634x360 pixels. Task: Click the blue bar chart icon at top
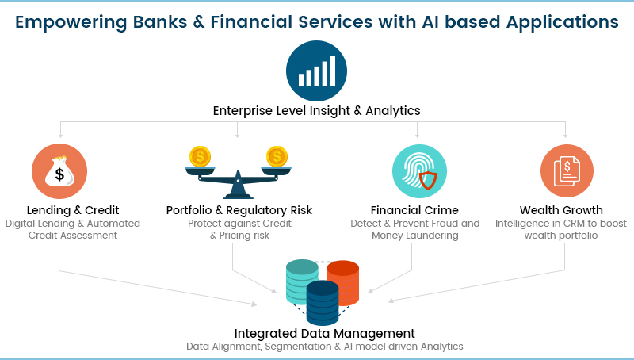pos(316,71)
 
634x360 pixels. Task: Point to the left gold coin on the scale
pos(199,156)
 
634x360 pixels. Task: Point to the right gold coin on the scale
pos(276,156)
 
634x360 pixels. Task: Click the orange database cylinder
pos(343,282)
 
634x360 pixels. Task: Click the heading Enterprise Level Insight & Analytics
pos(316,110)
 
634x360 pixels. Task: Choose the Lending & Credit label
pos(73,210)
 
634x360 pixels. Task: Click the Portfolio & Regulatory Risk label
pos(239,210)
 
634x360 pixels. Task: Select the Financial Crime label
pos(414,210)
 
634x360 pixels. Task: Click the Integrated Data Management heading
pos(324,333)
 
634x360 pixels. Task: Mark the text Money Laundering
pos(414,236)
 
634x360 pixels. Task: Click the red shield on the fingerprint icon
pos(428,182)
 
